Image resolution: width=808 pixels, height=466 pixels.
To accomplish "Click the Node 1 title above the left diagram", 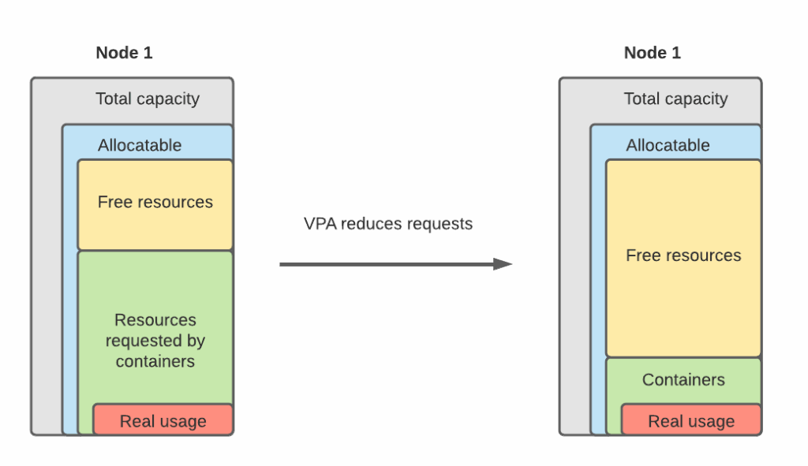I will (124, 54).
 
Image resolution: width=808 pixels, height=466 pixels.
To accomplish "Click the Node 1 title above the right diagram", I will (652, 54).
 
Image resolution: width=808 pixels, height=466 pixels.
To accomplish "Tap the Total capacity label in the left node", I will (148, 99).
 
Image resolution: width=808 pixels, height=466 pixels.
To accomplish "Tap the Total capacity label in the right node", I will (675, 99).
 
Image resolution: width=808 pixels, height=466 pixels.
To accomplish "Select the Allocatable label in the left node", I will (140, 146).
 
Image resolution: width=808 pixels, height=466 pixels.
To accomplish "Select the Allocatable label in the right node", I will (668, 146).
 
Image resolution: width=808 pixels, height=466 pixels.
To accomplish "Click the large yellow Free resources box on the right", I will (683, 256).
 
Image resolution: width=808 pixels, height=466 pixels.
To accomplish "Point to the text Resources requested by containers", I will (155, 341).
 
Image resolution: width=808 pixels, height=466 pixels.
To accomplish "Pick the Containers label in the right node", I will (683, 380).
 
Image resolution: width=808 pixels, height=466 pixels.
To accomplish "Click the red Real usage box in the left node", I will (163, 421).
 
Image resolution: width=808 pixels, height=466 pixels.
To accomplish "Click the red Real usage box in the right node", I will (691, 421).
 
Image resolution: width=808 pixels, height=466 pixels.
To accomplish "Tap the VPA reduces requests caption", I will (388, 224).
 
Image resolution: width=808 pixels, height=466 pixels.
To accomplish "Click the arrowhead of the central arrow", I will (503, 264).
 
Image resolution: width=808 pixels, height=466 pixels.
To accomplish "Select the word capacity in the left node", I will (169, 99).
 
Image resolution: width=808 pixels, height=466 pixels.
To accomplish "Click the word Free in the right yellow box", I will (643, 256).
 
